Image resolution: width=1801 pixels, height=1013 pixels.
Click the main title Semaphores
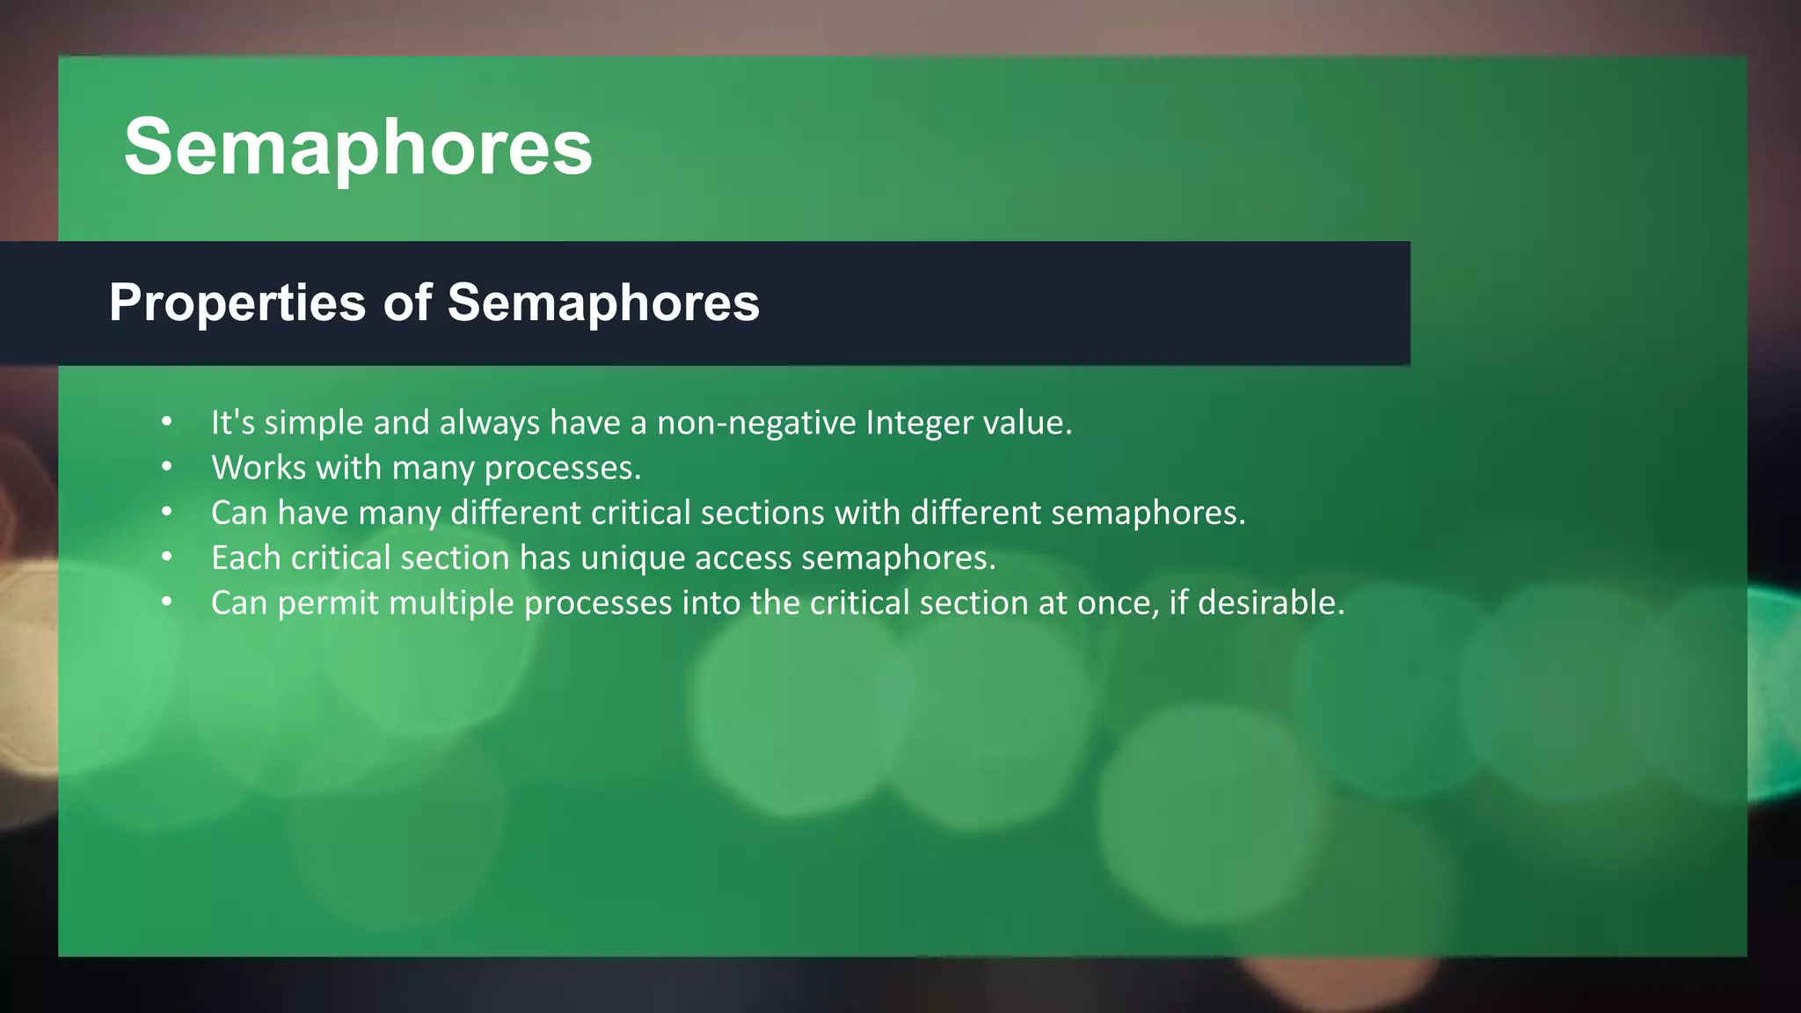[358, 147]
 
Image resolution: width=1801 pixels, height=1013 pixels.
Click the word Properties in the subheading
[237, 302]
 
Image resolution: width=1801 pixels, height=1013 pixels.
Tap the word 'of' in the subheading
[406, 302]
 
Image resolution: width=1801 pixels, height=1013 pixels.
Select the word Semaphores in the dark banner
[603, 302]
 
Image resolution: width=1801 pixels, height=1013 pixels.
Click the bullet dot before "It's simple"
[167, 422]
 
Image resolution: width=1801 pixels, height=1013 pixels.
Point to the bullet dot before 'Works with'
[167, 467]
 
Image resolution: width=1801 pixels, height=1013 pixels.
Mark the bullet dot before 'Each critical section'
[167, 558]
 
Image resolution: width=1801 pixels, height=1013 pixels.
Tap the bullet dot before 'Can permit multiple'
[167, 602]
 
